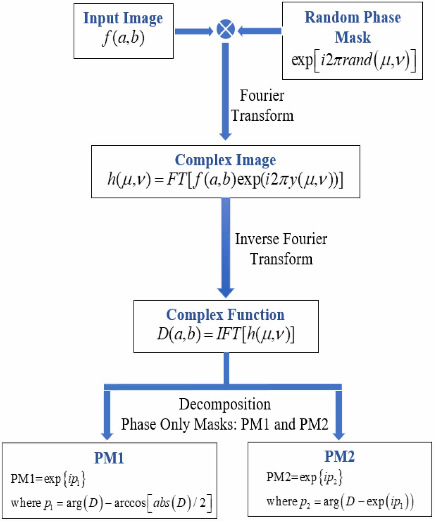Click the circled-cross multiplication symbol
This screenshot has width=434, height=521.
click(226, 29)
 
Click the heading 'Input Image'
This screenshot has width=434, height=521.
click(123, 18)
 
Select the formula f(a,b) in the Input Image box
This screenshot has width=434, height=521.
click(123, 38)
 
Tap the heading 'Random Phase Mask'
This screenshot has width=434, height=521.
click(352, 27)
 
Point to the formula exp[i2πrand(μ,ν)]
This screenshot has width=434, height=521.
click(353, 60)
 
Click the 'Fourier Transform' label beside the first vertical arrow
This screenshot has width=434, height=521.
click(262, 106)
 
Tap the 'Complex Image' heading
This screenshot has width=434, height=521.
click(225, 160)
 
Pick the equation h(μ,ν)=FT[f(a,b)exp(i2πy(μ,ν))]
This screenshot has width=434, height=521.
click(225, 179)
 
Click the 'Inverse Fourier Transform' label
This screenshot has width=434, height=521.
click(281, 249)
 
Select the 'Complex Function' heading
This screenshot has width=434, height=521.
click(225, 315)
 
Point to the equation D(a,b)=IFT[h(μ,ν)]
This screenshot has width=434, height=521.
click(226, 334)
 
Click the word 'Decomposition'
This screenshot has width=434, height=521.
click(225, 404)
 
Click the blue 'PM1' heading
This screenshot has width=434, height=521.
click(109, 458)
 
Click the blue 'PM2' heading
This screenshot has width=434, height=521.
click(339, 456)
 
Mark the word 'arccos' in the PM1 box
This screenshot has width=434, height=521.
click(130, 503)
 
